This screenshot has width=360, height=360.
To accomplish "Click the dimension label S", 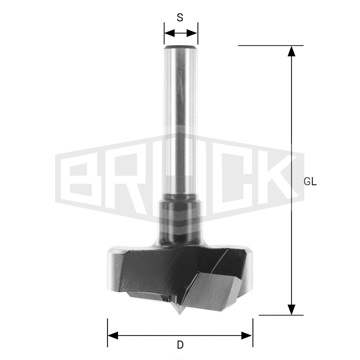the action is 180,17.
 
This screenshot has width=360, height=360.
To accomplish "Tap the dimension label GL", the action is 310,182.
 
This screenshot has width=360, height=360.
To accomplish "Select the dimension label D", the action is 180,345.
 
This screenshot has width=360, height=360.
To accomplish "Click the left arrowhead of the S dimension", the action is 170,33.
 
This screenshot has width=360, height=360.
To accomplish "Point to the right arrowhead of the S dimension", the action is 192,33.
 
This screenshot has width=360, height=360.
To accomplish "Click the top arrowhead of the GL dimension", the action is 292,51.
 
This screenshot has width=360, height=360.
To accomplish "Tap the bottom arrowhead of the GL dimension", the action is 292,310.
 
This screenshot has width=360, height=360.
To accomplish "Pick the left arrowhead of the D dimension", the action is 113,336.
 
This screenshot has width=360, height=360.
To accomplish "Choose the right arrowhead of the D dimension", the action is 247,336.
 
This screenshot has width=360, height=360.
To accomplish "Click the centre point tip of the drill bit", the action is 180,314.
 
